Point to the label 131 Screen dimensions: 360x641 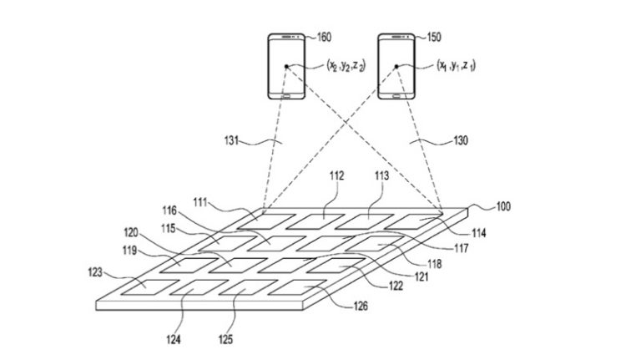tap(221, 142)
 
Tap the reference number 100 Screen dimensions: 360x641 tap(506, 206)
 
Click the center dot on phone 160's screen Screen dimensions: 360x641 tap(287, 65)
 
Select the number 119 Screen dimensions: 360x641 tap(128, 248)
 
